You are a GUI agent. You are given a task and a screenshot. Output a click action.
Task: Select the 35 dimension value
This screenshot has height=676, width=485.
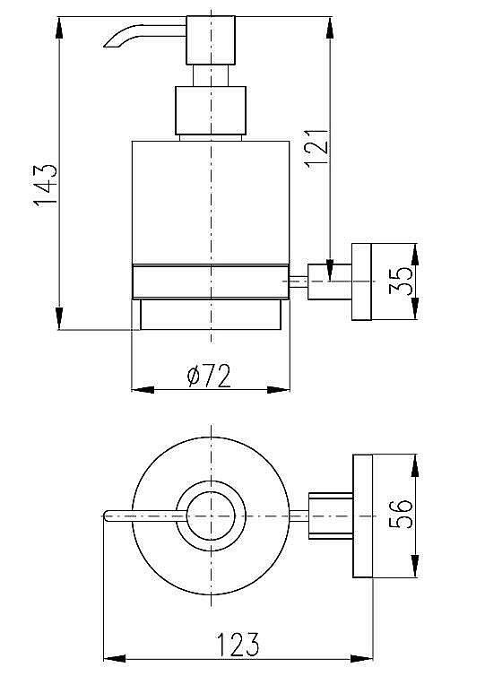click(404, 282)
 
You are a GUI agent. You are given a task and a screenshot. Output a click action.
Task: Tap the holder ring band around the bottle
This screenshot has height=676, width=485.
click(211, 281)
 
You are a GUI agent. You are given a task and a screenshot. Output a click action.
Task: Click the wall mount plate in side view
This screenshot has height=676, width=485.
click(362, 281)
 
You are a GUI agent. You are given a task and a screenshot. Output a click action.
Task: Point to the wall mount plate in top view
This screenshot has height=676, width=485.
click(363, 516)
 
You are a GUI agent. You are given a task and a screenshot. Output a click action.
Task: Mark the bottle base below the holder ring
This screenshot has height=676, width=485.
click(211, 314)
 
